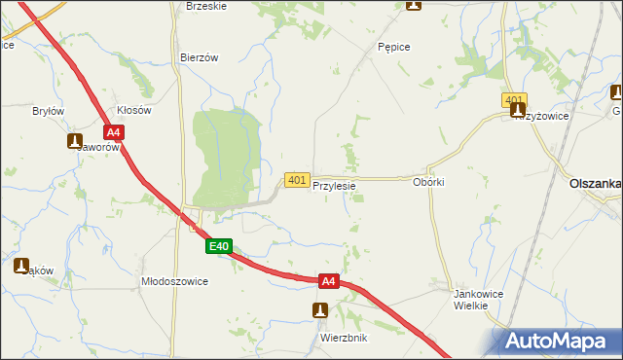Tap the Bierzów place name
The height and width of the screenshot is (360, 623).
(x=199, y=57)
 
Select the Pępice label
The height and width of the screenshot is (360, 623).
(x=392, y=47)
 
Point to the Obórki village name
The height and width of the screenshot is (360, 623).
(x=428, y=183)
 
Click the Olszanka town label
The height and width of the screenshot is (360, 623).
(x=594, y=183)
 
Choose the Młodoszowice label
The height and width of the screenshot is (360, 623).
(x=175, y=280)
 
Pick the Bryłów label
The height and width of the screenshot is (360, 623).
(x=48, y=111)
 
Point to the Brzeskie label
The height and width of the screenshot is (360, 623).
(x=205, y=6)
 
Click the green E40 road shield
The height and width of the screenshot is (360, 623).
(x=219, y=247)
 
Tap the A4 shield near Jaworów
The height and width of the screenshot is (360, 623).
(x=114, y=132)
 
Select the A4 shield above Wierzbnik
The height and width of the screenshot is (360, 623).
(x=329, y=281)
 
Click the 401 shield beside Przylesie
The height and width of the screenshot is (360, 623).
(x=297, y=180)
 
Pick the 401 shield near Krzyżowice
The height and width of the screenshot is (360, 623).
(x=515, y=100)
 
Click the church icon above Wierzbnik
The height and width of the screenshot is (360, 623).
(x=319, y=310)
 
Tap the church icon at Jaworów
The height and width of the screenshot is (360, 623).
(x=75, y=142)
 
